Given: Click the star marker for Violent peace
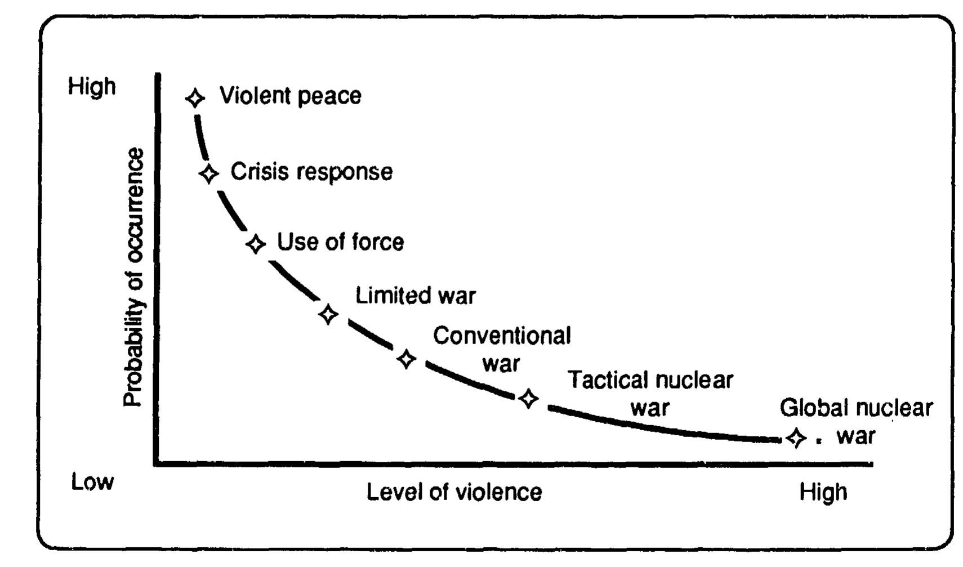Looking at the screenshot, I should tap(195, 98).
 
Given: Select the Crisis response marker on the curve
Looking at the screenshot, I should tap(209, 173).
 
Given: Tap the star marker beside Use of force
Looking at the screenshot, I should tap(256, 244).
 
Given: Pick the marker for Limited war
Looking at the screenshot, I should tap(328, 314).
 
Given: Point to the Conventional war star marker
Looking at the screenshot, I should tap(407, 359).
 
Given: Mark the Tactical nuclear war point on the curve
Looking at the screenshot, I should tap(528, 399).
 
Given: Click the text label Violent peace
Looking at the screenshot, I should tap(290, 96).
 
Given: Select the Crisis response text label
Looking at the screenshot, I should tap(311, 172).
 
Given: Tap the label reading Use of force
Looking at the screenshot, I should tap(340, 242).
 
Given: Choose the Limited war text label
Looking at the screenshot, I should tap(415, 296).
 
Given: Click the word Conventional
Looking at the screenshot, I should tap(501, 336).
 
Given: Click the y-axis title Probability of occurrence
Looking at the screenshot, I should tap(134, 277).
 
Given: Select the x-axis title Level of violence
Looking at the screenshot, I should tap(454, 492).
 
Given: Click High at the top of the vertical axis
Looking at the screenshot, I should tap(92, 87).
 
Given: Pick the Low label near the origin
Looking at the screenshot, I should tap(92, 482).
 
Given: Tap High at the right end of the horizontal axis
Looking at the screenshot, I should tap(823, 492).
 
